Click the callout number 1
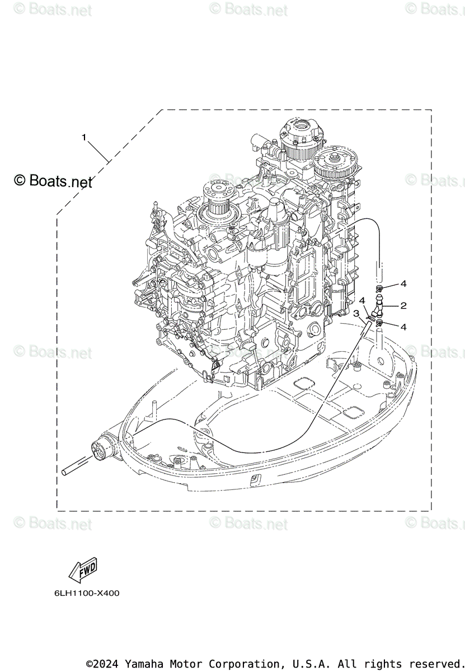click(x=84, y=137)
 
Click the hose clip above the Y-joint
click(x=380, y=289)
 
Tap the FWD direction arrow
click(x=82, y=570)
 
